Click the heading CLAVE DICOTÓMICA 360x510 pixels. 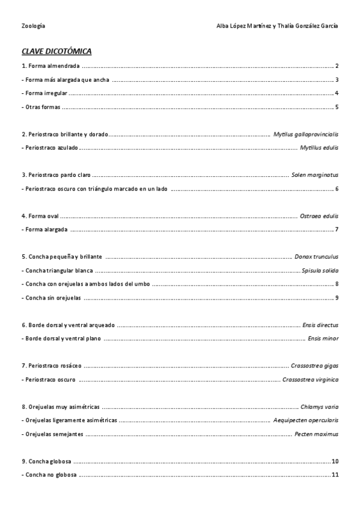56,51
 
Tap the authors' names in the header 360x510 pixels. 276,26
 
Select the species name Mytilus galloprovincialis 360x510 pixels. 305,134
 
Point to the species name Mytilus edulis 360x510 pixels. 319,147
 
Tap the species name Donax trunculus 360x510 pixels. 316,257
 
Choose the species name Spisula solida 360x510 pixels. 320,270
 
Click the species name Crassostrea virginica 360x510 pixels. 310,379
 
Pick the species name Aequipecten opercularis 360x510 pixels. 305,420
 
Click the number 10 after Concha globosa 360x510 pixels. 335,461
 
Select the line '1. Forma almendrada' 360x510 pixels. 50,66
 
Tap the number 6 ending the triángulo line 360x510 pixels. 337,189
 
